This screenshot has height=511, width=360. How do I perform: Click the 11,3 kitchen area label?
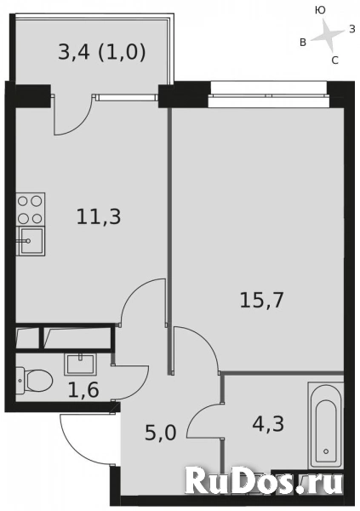pyautogui.click(x=99, y=216)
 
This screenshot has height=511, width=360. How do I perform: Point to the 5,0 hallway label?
pyautogui.click(x=160, y=433)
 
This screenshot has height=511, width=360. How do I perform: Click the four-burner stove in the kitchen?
pyautogui.click(x=30, y=209)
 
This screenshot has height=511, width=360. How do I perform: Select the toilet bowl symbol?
pyautogui.click(x=31, y=379)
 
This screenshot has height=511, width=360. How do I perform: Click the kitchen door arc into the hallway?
pyautogui.click(x=141, y=302)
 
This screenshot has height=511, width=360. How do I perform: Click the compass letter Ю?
pyautogui.click(x=320, y=10)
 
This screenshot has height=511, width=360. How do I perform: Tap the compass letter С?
pyautogui.click(x=334, y=60)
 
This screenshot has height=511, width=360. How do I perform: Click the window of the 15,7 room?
pyautogui.click(x=268, y=87)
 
